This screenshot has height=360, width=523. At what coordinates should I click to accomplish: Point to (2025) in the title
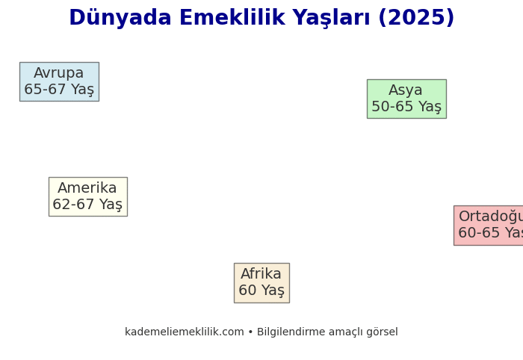click(x=416, y=19)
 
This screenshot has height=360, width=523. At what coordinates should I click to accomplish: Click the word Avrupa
click(x=59, y=73)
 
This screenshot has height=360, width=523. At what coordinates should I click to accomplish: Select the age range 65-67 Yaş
click(x=59, y=90)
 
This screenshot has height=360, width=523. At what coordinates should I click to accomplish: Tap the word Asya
click(x=406, y=90)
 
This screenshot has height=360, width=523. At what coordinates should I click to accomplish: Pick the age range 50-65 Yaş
click(x=406, y=107)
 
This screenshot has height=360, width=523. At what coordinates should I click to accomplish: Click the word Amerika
click(x=87, y=188)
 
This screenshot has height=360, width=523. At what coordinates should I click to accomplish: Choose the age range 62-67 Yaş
click(x=87, y=205)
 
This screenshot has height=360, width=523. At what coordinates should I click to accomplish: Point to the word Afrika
click(x=261, y=274)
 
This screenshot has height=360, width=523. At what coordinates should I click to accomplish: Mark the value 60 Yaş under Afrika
click(x=261, y=291)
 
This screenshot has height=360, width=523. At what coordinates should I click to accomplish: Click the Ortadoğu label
click(x=490, y=217)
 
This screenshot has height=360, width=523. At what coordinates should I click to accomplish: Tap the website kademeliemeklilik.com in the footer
click(x=185, y=332)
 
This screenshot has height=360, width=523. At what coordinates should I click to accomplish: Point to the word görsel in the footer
click(x=382, y=332)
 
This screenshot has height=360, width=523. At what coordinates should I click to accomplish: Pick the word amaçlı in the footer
click(x=344, y=332)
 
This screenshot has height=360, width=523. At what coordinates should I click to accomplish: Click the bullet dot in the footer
click(x=250, y=332)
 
